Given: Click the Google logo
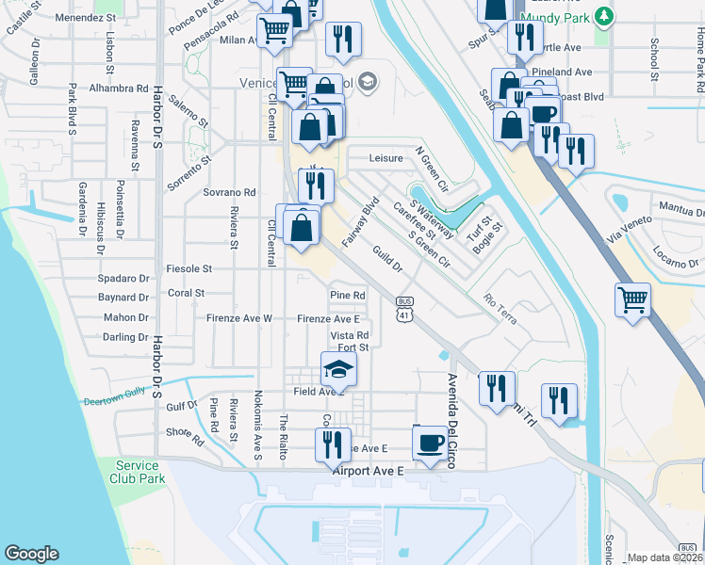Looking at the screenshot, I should tap(31, 554).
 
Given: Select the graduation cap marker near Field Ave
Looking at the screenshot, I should tap(339, 368).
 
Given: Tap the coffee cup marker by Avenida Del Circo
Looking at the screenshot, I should tap(430, 441).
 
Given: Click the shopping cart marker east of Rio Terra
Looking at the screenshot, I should tap(633, 299).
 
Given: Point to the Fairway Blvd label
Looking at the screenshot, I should tap(360, 222).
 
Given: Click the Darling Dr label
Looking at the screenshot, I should tap(125, 336).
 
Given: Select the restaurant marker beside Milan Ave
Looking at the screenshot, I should tap(341, 39).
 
